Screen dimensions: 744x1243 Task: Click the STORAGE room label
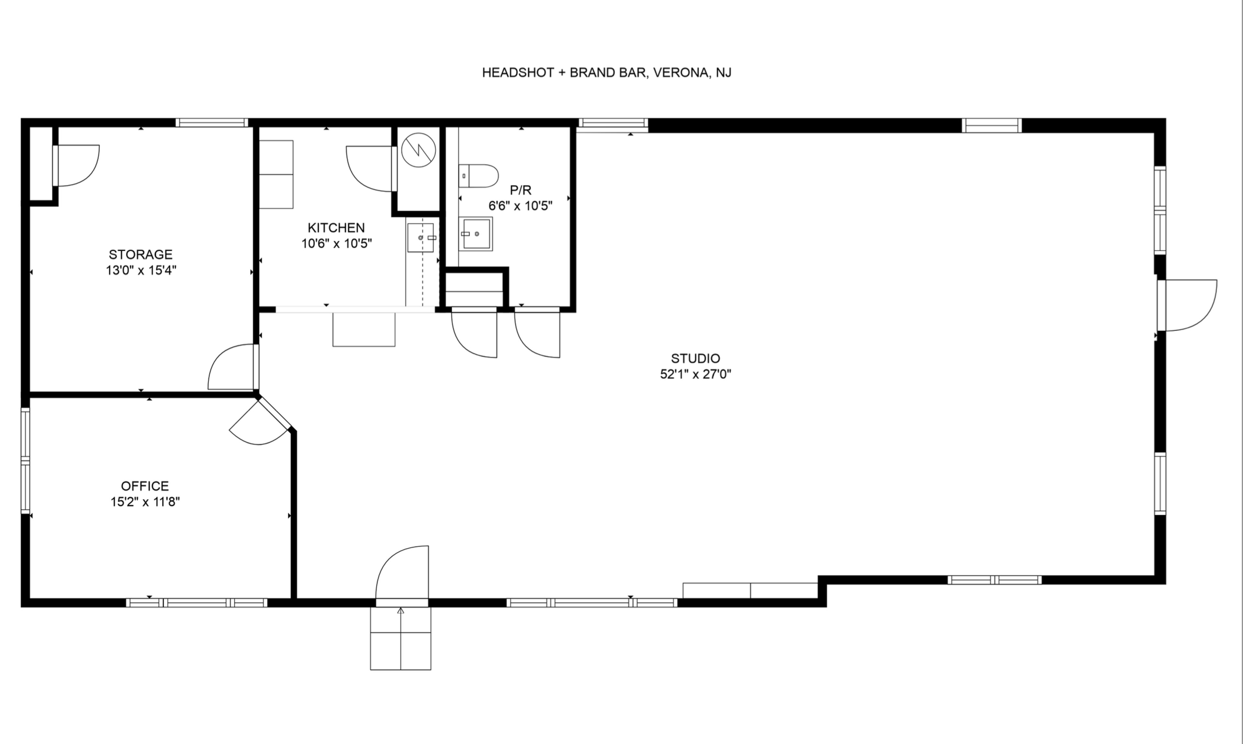[140, 254]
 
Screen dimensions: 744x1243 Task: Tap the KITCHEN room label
[336, 228]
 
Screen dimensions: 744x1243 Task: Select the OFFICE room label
[145, 486]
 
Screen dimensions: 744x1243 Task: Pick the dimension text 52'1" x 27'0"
[695, 374]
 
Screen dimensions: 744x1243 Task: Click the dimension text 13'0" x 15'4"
[141, 270]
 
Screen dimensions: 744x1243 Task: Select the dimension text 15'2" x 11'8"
[145, 502]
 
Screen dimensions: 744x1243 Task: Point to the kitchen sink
[420, 238]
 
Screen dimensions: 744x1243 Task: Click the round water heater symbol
[418, 150]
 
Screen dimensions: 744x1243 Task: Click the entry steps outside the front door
[400, 638]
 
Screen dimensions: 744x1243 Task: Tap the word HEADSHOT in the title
[518, 73]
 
